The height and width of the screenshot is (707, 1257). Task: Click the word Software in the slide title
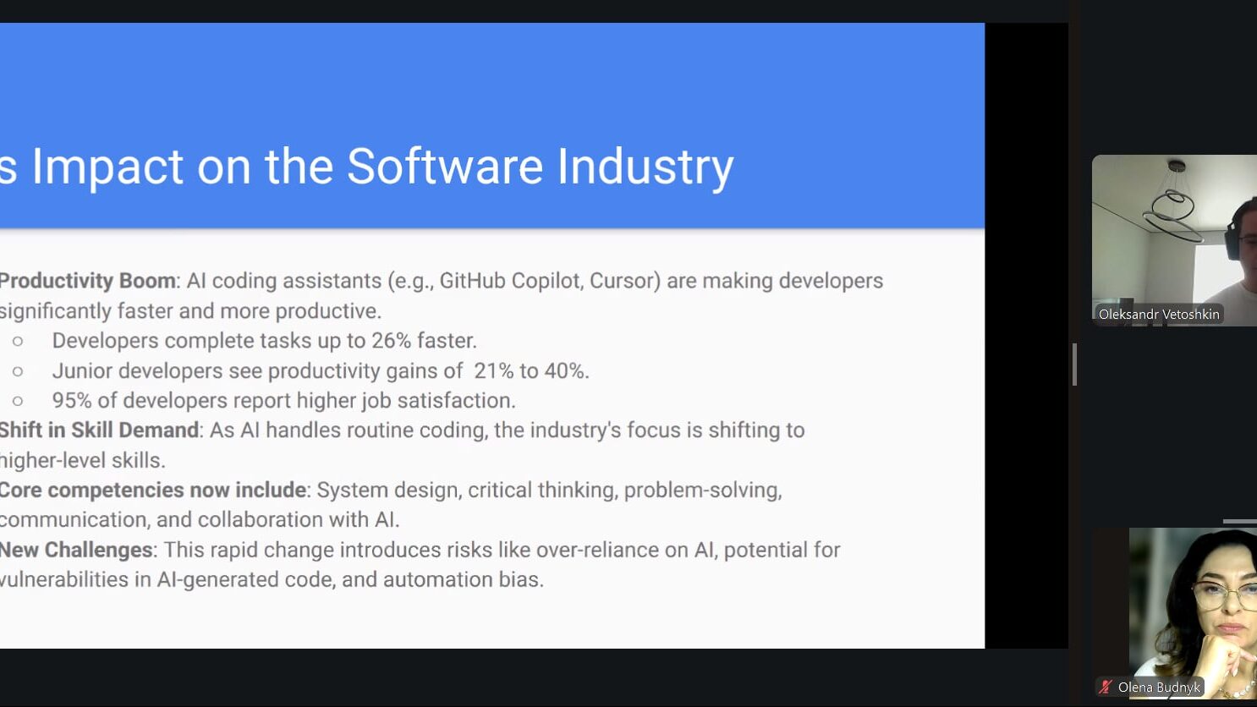tap(445, 166)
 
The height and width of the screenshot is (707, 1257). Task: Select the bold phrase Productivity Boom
tap(87, 281)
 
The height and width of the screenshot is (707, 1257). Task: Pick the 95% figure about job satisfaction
tap(72, 401)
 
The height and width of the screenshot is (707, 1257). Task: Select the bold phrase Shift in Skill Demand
tap(99, 430)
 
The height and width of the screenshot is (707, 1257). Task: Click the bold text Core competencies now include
tap(152, 491)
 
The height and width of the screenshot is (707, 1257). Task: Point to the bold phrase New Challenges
tap(76, 550)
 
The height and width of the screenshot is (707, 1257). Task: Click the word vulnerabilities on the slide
tap(64, 579)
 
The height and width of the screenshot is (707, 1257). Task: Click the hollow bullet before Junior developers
tap(18, 371)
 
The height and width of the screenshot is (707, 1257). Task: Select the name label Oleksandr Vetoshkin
tap(1159, 315)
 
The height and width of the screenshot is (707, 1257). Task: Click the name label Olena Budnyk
tap(1159, 688)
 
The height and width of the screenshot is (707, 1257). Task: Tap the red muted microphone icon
tap(1106, 687)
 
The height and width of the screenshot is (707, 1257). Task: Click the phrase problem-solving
tap(703, 491)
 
